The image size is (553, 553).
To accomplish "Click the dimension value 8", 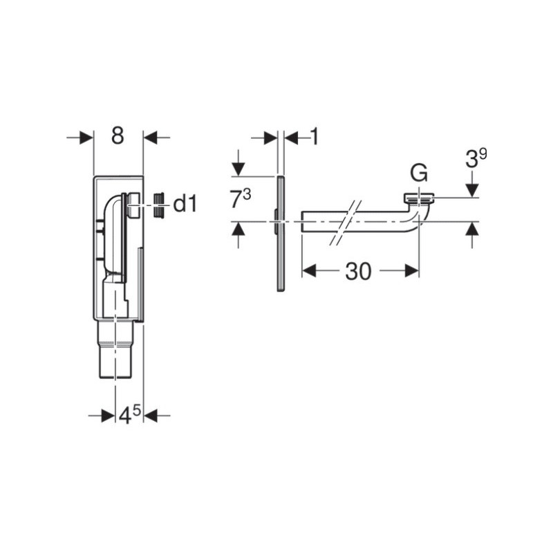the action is coord(118,135).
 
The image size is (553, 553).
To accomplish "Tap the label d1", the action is coord(185,204).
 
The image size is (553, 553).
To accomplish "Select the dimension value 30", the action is coord(358,272).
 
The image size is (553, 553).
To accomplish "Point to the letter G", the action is coord(419,173).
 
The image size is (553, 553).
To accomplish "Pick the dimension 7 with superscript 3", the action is coord(241,199).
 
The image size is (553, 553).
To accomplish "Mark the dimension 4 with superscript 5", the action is coord(129,415).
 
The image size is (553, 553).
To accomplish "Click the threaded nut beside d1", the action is coord(160,205).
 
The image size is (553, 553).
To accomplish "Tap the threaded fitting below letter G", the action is coord(420,200).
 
